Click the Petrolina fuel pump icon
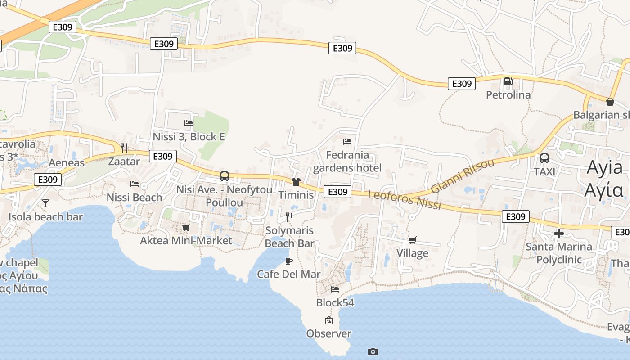pos(508,81)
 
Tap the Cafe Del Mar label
pos(289,274)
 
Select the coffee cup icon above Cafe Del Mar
pos(289,261)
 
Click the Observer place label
pos(328,333)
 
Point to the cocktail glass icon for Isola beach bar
pos(45,203)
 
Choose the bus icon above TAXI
pos(544,158)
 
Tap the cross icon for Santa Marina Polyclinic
pos(559,234)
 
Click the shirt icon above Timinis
pos(296,182)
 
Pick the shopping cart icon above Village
pos(412,240)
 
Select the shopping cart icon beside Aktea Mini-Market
pos(186,228)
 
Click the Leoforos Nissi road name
pos(405,200)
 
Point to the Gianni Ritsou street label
pos(462,176)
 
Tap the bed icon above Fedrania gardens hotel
pos(347,142)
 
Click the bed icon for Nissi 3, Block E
pos(189,123)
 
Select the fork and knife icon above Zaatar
pos(124,148)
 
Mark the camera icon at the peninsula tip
pos(373,351)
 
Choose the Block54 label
pos(335,303)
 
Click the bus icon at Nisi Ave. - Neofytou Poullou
pos(225,176)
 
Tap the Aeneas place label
pos(67,163)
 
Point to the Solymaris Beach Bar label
pos(289,237)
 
